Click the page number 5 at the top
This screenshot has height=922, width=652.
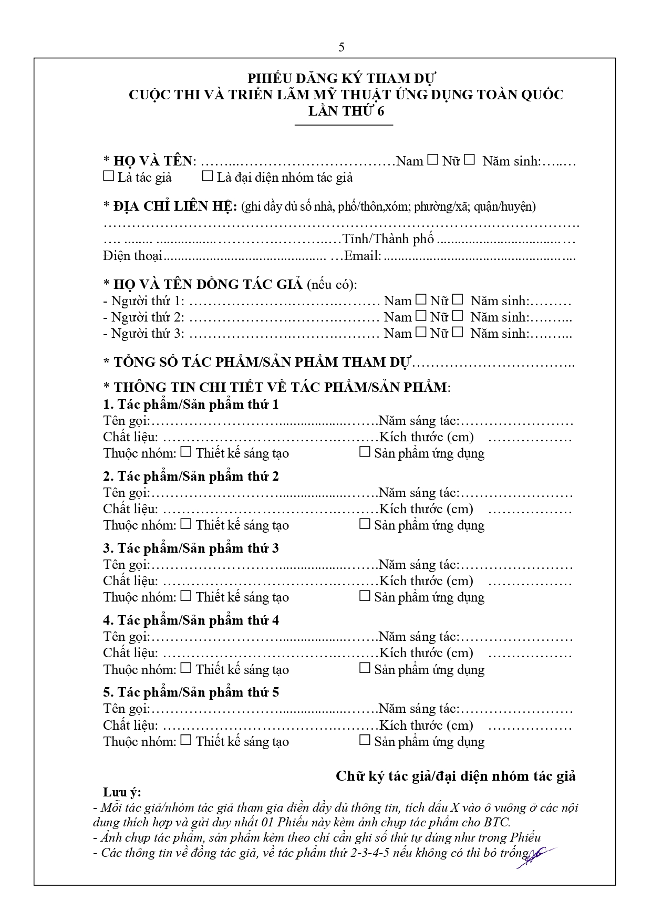point(341,47)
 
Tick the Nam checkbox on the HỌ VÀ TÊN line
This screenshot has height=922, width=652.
point(432,160)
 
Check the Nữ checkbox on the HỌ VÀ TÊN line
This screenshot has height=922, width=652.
point(469,160)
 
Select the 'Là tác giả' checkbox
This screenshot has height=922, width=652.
point(108,177)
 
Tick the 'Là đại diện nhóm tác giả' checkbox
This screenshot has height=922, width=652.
point(208,177)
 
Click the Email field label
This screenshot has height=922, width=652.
point(362,256)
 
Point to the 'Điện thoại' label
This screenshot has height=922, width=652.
point(132,256)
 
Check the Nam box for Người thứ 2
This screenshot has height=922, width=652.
point(421,316)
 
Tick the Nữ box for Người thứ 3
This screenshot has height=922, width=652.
point(458,333)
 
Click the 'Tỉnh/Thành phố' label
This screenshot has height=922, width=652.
point(388,240)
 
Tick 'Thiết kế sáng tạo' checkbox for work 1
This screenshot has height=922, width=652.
point(186,452)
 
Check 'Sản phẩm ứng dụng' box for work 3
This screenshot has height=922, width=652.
point(365,596)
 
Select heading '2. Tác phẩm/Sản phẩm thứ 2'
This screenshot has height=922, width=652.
point(191,476)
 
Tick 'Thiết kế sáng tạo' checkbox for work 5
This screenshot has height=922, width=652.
point(186,740)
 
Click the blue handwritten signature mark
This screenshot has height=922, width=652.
point(536,856)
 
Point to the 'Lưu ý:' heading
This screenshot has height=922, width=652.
point(122,792)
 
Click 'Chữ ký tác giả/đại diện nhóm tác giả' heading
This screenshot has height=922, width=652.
point(456,776)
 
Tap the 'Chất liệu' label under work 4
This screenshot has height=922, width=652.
point(130,653)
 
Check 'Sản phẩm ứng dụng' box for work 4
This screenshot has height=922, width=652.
point(365,668)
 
